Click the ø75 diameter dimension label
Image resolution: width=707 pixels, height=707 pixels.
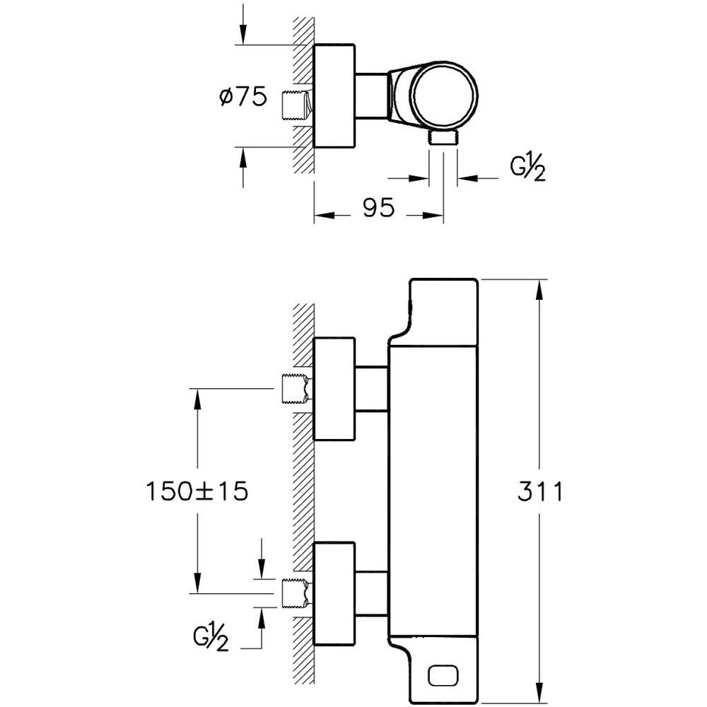click(x=243, y=97)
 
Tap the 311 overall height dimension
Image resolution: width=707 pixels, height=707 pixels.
click(x=539, y=491)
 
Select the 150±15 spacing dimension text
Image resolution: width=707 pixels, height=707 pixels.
click(x=196, y=491)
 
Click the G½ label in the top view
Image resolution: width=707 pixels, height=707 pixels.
click(x=527, y=170)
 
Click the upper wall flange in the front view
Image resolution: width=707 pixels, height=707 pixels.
click(x=334, y=388)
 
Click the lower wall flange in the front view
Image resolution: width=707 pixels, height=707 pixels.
click(x=334, y=592)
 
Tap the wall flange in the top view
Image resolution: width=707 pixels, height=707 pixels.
click(x=334, y=97)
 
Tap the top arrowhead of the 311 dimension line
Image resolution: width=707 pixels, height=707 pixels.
click(x=539, y=287)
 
